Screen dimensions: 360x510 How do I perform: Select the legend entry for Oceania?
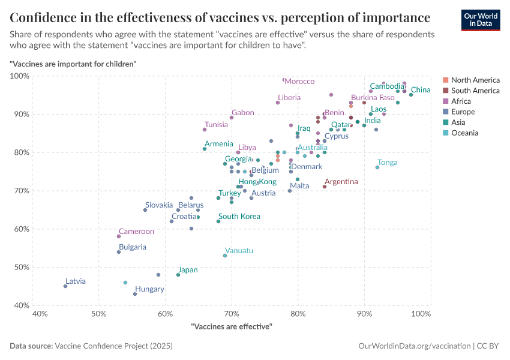point(465,133)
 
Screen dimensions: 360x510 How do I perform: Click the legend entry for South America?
point(475,91)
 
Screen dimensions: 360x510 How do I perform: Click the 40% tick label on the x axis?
point(40,314)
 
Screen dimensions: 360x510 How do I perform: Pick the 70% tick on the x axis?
point(231,314)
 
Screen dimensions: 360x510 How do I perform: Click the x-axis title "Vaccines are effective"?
point(231,326)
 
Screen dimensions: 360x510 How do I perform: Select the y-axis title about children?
point(73,63)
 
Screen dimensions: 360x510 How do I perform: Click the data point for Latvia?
point(65,286)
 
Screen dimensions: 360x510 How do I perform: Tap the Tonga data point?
point(377,167)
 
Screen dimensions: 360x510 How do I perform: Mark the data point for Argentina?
point(325,187)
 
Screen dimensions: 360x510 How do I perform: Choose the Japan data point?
point(178,275)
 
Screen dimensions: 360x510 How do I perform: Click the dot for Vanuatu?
point(225,256)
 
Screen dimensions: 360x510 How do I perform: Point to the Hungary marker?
point(135,294)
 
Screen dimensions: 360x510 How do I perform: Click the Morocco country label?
point(299,82)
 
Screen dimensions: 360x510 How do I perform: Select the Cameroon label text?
point(136,232)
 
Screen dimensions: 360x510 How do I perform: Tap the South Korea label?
point(239,217)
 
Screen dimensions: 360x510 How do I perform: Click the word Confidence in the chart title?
point(43,17)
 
